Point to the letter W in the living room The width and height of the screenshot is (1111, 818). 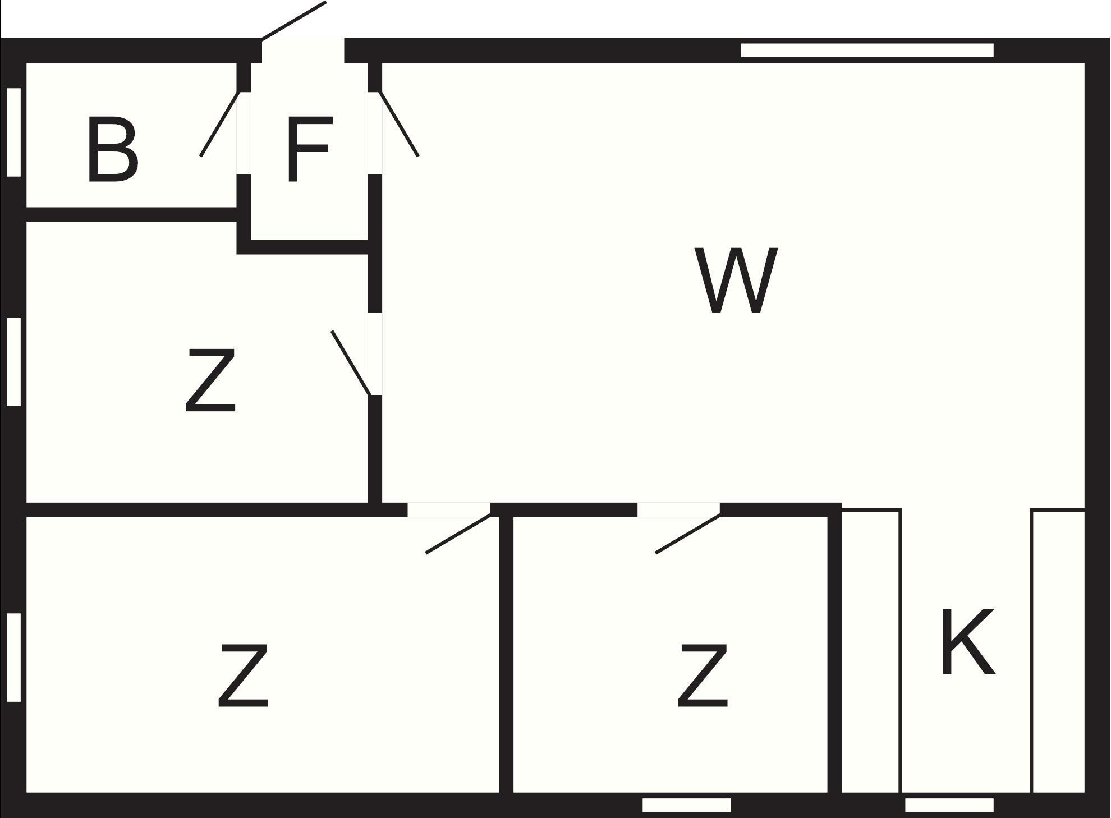pos(736,281)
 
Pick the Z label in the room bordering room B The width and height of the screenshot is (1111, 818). pos(210,380)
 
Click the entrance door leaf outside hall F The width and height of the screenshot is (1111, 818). pos(294,21)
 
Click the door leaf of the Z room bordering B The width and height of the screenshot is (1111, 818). pos(351,363)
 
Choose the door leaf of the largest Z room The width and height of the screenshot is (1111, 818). pos(458,534)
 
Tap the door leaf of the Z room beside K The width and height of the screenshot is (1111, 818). pos(688,534)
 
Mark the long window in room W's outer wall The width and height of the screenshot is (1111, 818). pos(867,50)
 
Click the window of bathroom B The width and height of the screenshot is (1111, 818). pos(14,132)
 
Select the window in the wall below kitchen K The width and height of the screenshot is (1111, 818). pos(949,806)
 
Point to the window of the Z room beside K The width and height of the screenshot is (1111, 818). pos(686,806)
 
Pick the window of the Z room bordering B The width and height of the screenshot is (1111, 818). pos(14,362)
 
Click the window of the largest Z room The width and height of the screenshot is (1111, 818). pos(14,657)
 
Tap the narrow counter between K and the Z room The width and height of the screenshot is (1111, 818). pos(871,651)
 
